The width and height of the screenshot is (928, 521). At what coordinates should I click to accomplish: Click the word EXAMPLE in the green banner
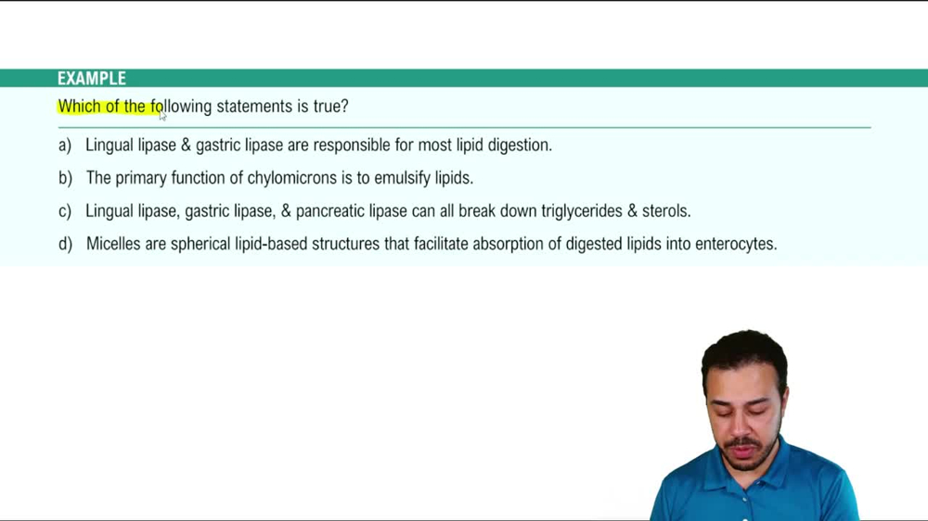point(91,79)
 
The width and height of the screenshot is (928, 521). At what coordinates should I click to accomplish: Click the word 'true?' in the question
point(330,107)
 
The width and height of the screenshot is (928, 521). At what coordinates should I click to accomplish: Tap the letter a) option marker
point(64,146)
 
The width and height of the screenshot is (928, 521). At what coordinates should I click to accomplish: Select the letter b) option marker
point(65,178)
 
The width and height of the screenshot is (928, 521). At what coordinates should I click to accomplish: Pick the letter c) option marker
point(64,211)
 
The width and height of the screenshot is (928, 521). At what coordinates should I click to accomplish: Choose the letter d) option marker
point(65,245)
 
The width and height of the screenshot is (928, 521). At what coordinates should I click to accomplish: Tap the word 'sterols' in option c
point(665,211)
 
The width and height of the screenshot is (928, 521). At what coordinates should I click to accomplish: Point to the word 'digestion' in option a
point(519,146)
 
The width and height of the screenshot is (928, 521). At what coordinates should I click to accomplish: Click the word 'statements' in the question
point(254,107)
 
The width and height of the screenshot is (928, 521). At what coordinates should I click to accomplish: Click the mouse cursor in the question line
point(162,115)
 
